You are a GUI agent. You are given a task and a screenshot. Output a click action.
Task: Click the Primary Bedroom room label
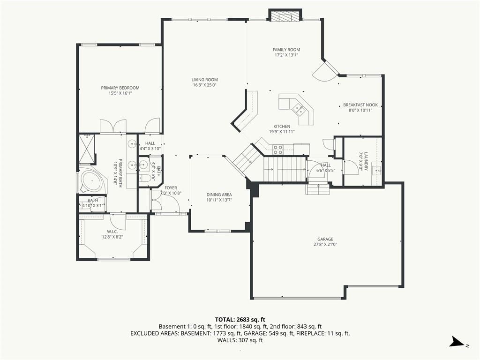pos(120,88)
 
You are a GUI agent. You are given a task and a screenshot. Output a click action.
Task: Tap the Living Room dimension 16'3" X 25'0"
pos(204,85)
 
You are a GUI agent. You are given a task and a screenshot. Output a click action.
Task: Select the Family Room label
pos(286,50)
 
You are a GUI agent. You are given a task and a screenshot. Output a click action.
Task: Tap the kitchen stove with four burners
pos(278,150)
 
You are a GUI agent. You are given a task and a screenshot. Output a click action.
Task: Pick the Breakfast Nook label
pos(360,105)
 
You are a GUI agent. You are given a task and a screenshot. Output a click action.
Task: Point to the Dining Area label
pos(219,195)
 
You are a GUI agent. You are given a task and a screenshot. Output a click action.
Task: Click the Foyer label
pos(171,188)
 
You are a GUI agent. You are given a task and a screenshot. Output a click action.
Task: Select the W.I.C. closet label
pos(112,232)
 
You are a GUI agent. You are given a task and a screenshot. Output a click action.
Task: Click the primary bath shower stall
pos(87,148)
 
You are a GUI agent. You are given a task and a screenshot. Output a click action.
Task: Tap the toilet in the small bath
pos(145,179)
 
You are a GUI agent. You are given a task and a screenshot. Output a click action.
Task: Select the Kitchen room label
pos(282,127)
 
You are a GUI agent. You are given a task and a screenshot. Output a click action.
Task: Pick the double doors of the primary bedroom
pos(113,126)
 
